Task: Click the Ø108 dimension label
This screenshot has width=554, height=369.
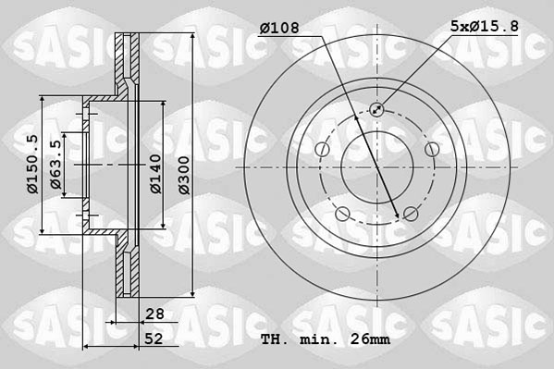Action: [279, 29]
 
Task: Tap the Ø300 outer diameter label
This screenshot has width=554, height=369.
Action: [183, 173]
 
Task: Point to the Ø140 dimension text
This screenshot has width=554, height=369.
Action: [156, 173]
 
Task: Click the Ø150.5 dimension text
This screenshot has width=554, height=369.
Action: [31, 164]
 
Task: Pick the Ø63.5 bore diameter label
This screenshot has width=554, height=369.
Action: [56, 165]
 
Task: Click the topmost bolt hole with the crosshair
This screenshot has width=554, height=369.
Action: [377, 110]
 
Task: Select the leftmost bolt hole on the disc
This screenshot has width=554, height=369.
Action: [321, 151]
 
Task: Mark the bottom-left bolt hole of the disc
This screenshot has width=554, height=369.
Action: [342, 215]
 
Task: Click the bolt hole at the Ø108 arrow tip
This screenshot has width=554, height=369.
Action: [410, 215]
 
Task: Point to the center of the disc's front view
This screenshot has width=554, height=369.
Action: [377, 167]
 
